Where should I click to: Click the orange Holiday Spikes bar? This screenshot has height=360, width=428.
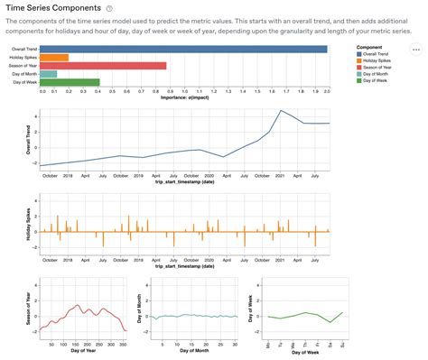pos(55,58)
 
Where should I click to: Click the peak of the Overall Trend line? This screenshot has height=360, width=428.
pos(281,111)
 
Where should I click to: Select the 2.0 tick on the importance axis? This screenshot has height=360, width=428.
pos(327,91)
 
